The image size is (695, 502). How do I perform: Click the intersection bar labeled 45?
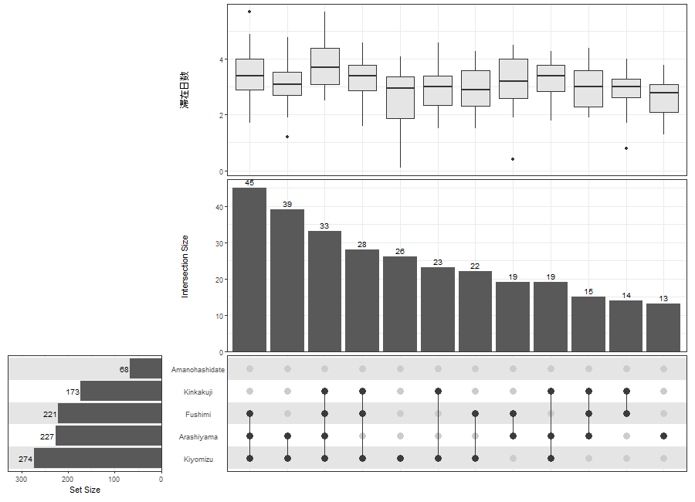[249, 270]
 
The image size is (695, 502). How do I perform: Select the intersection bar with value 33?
[324, 291]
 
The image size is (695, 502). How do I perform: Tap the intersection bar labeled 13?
[663, 327]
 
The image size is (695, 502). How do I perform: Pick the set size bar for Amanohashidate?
[145, 368]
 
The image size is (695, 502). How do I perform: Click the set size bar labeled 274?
[97, 458]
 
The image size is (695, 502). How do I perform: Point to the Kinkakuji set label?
[198, 392]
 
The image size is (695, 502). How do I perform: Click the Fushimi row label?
[198, 414]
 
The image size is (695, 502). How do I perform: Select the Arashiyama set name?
[198, 437]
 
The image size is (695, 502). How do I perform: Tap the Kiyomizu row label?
[198, 460]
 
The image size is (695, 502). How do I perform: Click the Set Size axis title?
[85, 490]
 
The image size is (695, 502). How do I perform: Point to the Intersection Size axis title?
[185, 266]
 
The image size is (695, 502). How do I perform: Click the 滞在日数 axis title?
[184, 90]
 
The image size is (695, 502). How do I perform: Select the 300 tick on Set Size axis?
[22, 480]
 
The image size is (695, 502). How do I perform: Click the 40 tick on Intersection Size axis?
[220, 207]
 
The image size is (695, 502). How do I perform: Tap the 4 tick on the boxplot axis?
[222, 59]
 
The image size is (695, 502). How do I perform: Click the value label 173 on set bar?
[73, 392]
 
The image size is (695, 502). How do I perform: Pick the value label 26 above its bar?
[400, 252]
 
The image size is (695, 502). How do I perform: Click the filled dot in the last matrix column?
[663, 436]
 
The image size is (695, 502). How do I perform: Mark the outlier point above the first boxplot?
[249, 12]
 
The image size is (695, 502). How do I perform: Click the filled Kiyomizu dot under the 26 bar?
[400, 458]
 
